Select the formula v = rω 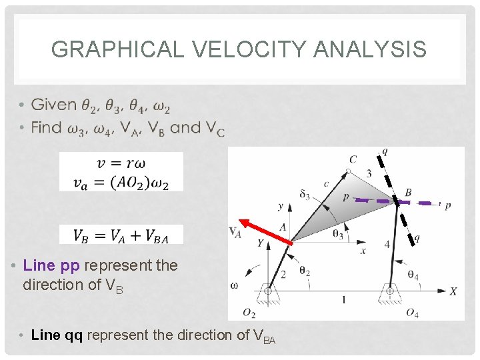pos(121,163)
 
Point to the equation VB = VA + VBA pos(121,235)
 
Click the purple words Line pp pos(51,265)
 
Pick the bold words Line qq pos(57,335)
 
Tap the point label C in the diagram pos(353,159)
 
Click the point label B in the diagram pos(408,193)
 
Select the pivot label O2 pos(249,313)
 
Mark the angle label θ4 pos(413,275)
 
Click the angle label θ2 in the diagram pos(304,271)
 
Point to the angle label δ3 pos(305,195)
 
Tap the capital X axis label pos(453,291)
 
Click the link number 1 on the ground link pos(343,300)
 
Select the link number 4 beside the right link pos(387,245)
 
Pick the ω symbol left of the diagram pos(234,285)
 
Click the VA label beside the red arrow pos(235,232)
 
